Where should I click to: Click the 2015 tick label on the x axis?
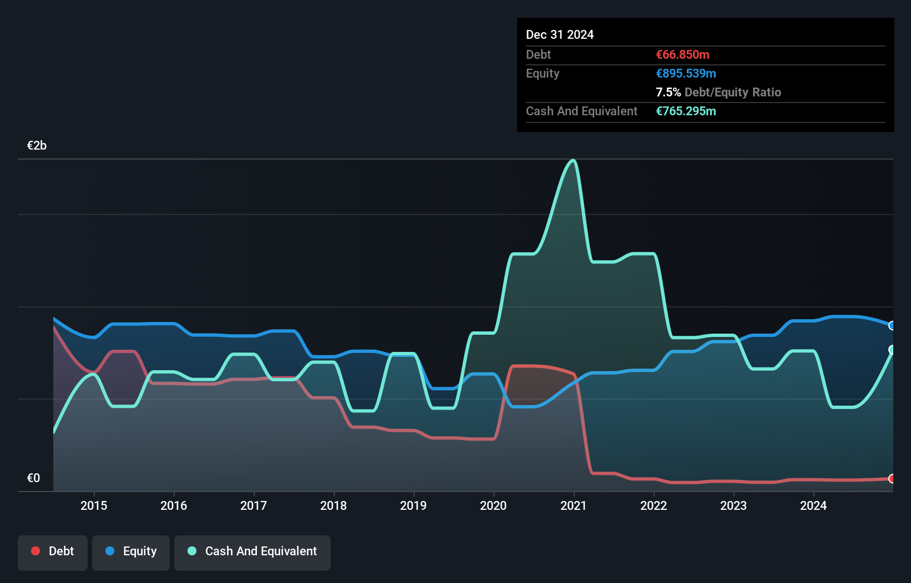pos(94,505)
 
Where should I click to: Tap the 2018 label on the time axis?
pos(333,505)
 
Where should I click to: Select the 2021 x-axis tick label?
pos(573,505)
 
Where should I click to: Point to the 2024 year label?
pos(813,505)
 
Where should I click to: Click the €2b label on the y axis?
pos(37,146)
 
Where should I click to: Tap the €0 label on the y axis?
pos(33,478)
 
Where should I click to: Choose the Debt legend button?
pos(53,551)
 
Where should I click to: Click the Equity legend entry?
pos(131,551)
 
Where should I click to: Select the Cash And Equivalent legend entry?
pos(252,551)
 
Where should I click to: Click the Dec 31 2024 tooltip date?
pos(559,35)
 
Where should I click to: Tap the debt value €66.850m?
pos(682,55)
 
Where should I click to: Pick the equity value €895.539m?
pos(686,74)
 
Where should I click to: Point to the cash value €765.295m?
pos(686,111)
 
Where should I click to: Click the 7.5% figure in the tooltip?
pos(668,93)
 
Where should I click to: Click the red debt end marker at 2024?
pos(892,478)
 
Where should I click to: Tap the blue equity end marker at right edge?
pos(892,326)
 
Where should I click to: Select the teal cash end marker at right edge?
pos(892,350)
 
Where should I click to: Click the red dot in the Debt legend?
pos(36,551)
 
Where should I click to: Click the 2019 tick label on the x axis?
pos(413,505)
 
